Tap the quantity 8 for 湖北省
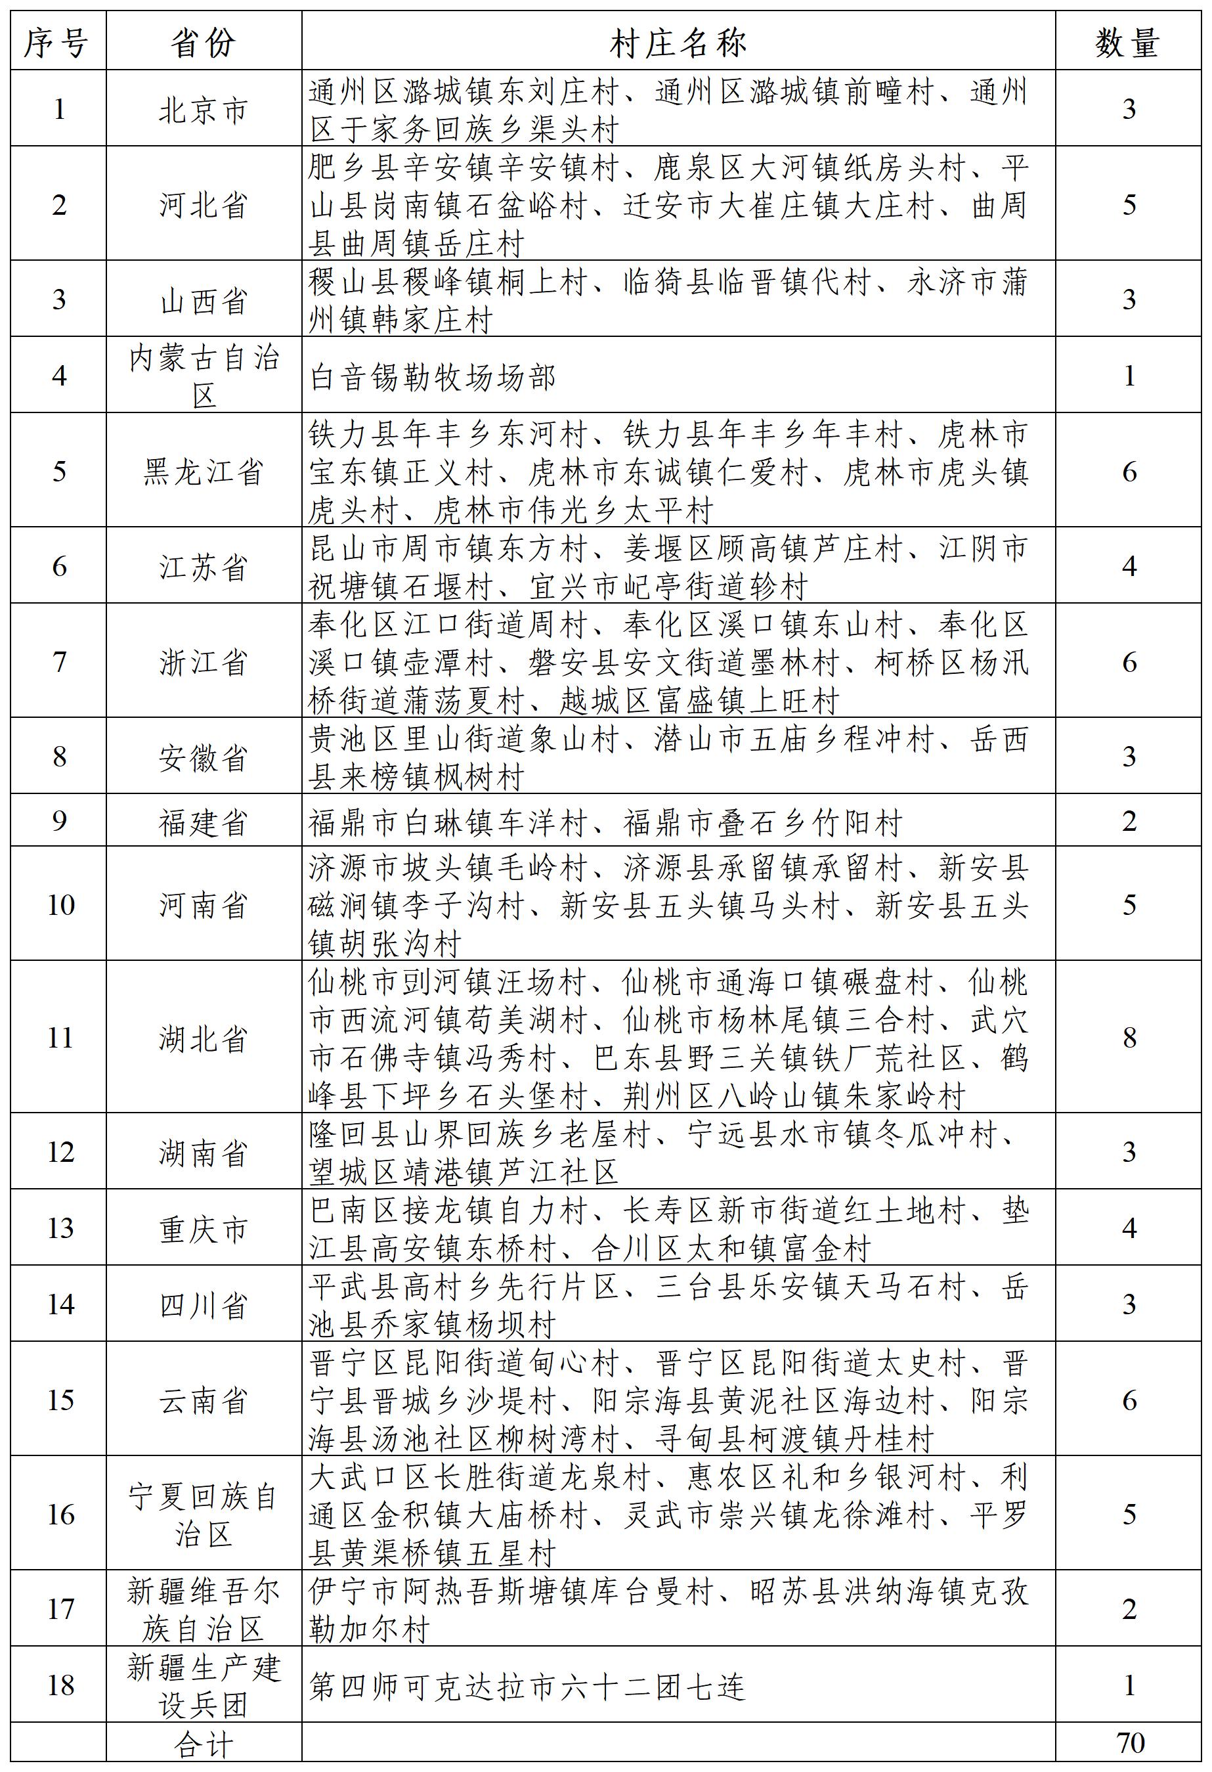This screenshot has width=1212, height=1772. point(1129,1038)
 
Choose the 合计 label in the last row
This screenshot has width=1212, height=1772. point(204,1744)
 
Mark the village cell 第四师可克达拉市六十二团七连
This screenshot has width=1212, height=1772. point(527,1686)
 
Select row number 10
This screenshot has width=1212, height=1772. point(60,905)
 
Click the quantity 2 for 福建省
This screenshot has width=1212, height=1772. point(1129,821)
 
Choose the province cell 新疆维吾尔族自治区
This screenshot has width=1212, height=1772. point(204,1610)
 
